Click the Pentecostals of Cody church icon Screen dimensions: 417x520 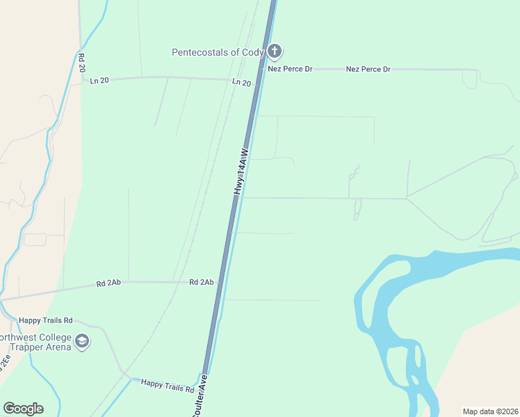pos(275,51)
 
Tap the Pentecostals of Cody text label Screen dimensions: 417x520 pos(218,52)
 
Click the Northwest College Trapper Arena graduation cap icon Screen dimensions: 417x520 pos(82,341)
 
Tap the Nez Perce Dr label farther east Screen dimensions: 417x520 pos(368,69)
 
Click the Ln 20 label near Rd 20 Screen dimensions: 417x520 pos(99,81)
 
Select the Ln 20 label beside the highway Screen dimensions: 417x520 pos(241,82)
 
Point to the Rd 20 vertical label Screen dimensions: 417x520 pos(81,63)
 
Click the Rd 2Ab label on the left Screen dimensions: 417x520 pos(108,283)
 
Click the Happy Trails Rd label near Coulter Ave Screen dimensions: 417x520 pos(167,384)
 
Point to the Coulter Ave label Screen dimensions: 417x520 pos(200,397)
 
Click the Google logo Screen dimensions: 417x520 pos(23,409)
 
